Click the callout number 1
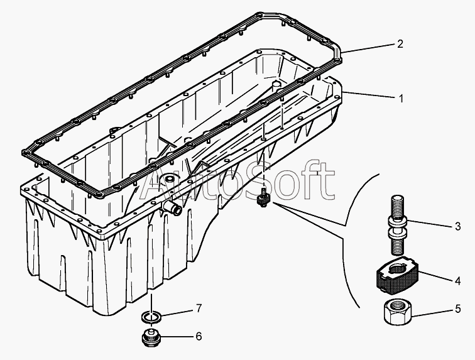[401, 99]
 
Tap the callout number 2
[400, 44]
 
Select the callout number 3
[457, 226]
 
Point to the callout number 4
[457, 281]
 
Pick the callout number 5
[457, 308]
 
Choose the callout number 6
[199, 336]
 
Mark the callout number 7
[199, 308]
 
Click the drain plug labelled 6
[151, 336]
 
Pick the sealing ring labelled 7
[151, 316]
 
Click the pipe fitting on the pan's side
[172, 207]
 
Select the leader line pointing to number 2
[368, 48]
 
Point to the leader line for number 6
[176, 336]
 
